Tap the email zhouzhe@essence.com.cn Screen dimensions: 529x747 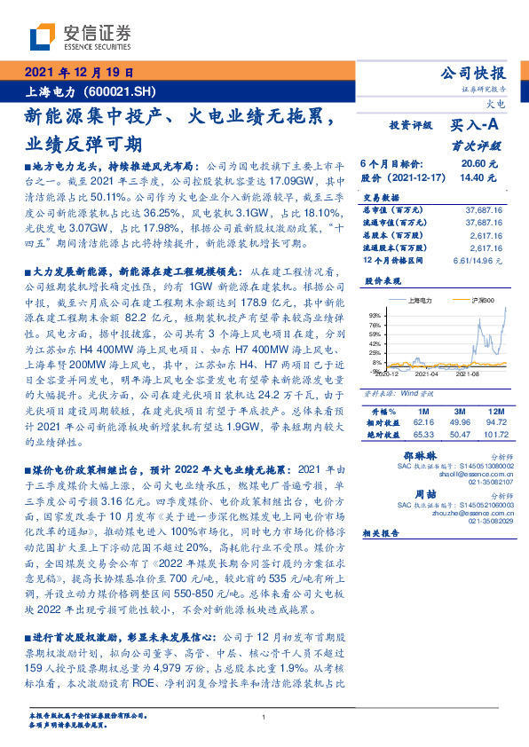pyautogui.click(x=470, y=512)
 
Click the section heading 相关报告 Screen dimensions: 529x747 pyautogui.click(x=383, y=533)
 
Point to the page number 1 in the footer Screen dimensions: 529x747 pyautogui.click(x=264, y=717)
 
